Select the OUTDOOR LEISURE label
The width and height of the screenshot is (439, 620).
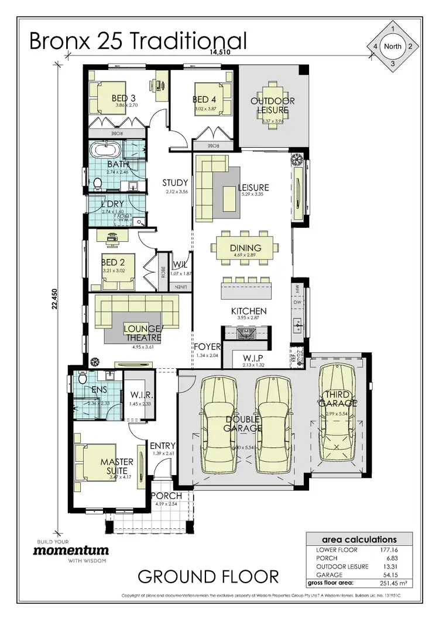273,105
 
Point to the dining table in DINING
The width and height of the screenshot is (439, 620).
245,248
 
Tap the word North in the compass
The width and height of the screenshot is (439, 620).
393,46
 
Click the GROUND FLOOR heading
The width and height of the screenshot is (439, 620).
208,577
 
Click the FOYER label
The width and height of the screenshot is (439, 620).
207,347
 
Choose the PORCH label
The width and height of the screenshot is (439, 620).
166,496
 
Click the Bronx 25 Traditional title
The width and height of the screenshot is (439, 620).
138,41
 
